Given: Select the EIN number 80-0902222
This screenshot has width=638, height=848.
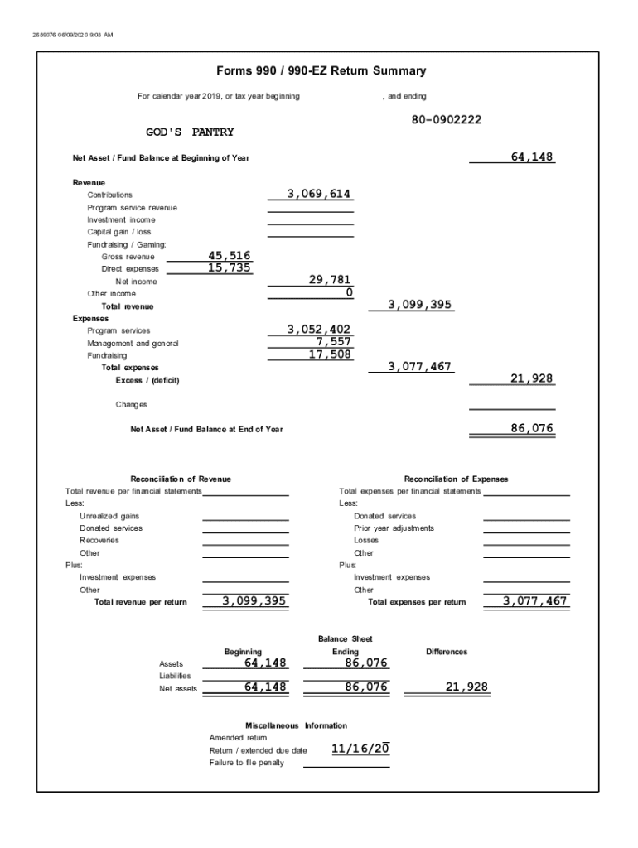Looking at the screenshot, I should coord(446,120).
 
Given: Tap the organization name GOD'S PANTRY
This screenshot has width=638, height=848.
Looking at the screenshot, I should coord(190,132).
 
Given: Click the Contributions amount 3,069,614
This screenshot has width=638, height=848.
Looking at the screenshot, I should coord(319,194).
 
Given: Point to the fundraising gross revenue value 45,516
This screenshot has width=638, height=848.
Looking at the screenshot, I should coord(230,256).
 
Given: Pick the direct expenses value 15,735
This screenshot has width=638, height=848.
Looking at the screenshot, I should coord(230,268).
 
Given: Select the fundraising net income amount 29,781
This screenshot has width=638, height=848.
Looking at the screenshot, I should coord(330,281).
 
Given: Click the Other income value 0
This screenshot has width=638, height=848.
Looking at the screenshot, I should coord(349,293).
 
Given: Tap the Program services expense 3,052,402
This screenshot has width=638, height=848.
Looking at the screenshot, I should coord(319,330).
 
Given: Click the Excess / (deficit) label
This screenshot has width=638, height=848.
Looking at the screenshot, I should coord(147,380).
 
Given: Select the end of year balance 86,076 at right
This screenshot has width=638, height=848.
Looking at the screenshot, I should coord(532,429).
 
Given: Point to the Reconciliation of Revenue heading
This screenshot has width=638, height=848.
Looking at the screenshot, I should coord(181,479).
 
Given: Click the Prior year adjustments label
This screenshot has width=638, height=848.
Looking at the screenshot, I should coord(394,528).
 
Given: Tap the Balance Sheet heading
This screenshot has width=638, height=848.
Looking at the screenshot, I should coord(345,639).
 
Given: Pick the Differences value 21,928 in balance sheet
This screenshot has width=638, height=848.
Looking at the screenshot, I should coord(466,687).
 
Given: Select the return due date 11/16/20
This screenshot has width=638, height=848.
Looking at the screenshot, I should coord(360,749).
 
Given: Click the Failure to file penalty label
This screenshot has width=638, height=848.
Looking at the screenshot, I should coord(246,763).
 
